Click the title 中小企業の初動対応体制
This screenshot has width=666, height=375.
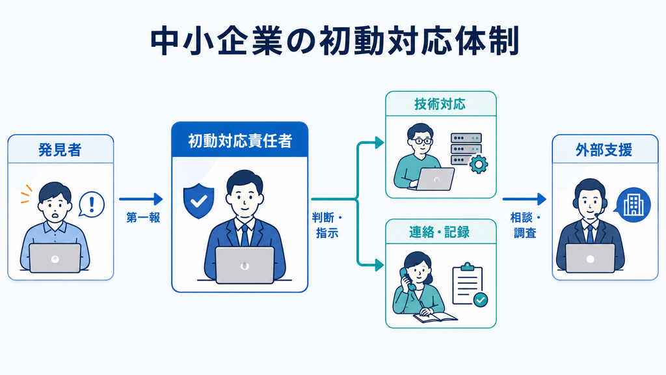[335, 41]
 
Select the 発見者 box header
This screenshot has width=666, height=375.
[60, 149]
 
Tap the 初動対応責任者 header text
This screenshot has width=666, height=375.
[240, 141]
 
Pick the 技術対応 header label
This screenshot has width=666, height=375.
[440, 104]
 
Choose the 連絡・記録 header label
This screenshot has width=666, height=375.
[440, 232]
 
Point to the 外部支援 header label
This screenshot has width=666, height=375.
[604, 150]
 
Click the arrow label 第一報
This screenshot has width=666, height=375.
[143, 217]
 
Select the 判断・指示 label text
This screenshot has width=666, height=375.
[327, 225]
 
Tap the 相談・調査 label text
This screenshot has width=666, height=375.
[526, 225]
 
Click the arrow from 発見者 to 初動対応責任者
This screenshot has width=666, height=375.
[141, 199]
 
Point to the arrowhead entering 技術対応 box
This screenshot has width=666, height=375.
[379, 143]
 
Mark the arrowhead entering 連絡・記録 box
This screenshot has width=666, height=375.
[379, 266]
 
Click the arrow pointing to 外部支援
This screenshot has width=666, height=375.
[525, 199]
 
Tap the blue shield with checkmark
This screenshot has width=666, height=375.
[198, 201]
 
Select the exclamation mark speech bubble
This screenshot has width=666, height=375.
[91, 204]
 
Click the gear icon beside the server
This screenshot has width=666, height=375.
[479, 164]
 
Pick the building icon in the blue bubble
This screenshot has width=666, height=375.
[633, 205]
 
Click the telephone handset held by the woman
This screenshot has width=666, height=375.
[408, 279]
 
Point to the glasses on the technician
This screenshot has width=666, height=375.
[420, 141]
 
